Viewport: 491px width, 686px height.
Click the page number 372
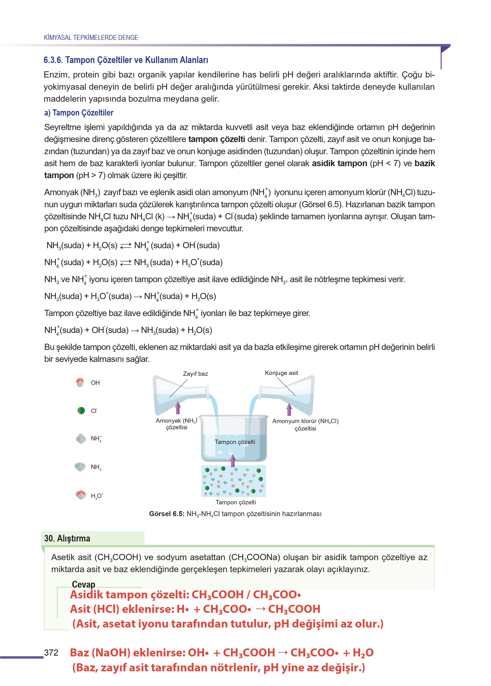coord(51,653)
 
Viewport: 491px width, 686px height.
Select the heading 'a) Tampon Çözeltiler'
coord(79,113)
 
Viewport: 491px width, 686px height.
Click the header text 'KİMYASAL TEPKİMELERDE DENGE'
coord(91,37)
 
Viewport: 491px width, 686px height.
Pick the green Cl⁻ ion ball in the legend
coord(81,410)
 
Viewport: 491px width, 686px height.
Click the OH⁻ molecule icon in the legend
coord(80,382)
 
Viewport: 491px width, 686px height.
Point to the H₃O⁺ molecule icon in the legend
coord(81,495)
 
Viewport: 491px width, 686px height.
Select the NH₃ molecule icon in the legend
coord(80,466)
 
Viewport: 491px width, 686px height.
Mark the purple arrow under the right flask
coord(289,409)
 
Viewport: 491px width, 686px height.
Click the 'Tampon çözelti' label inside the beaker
coord(235,442)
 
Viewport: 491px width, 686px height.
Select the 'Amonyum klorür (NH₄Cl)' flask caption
coord(305,421)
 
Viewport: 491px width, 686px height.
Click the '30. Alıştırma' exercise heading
coord(67,538)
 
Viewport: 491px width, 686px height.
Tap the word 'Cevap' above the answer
coord(84,584)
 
